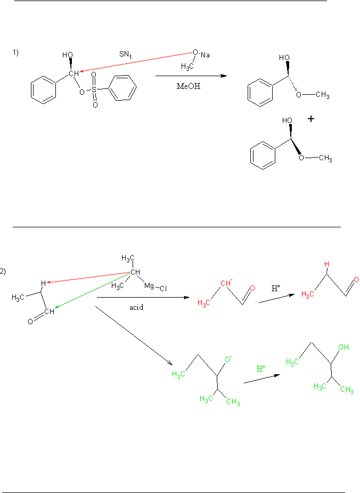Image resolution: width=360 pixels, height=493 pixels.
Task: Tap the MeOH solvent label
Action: click(x=189, y=85)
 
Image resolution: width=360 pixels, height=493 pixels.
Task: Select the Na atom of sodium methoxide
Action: click(x=204, y=54)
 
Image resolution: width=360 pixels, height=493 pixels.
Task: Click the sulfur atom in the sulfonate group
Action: click(x=94, y=91)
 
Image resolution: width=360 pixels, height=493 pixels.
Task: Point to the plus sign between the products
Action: click(x=310, y=119)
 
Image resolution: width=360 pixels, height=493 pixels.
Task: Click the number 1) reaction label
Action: click(x=16, y=52)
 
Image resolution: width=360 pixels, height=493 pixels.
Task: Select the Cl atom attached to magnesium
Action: click(x=163, y=289)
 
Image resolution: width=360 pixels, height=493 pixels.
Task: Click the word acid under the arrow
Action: click(x=136, y=307)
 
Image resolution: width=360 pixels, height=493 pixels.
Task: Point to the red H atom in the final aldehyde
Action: click(x=328, y=264)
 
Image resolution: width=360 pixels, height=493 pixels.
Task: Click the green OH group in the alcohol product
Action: click(x=343, y=347)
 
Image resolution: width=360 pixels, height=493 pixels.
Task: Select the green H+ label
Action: click(x=261, y=368)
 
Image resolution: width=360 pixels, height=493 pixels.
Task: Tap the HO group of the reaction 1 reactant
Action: click(x=68, y=55)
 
